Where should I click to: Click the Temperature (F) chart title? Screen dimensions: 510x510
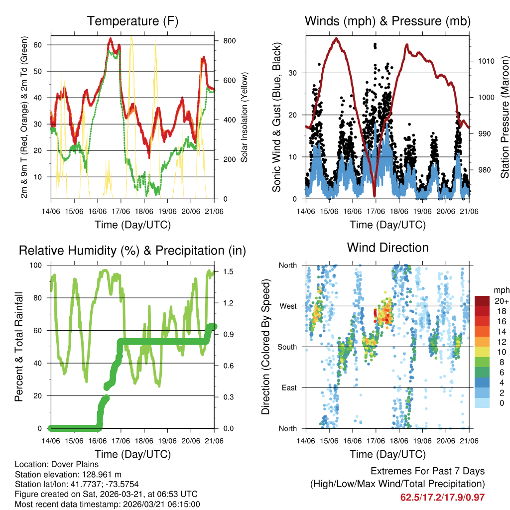[132, 21]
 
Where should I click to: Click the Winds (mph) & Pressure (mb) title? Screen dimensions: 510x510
[387, 21]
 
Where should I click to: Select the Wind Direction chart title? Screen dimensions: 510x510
[387, 248]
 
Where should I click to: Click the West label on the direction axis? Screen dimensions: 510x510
[288, 306]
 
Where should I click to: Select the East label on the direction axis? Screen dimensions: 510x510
[288, 387]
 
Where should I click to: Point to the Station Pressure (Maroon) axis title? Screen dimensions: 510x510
[504, 117]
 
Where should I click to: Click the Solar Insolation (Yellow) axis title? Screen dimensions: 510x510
[245, 117]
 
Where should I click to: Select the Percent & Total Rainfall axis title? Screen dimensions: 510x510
[19, 347]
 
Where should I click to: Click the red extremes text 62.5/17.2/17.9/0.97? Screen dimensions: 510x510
[442, 497]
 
